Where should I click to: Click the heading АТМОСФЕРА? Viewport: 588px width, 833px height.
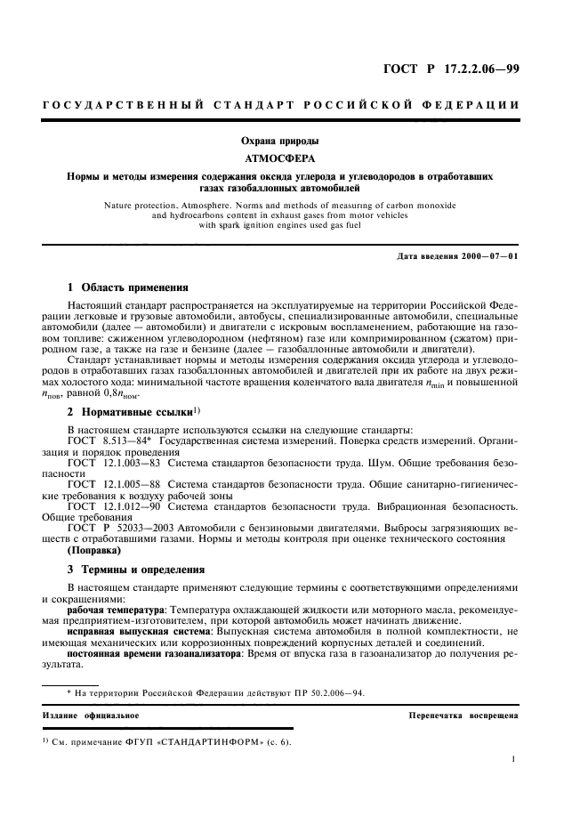(x=294, y=158)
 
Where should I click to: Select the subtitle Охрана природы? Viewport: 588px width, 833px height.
(x=294, y=141)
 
